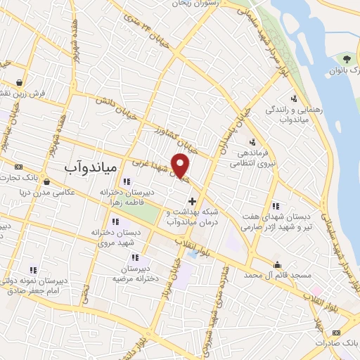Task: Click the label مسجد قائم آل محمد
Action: pos(278,277)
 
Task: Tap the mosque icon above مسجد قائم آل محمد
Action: pos(278,265)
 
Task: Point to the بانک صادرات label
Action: pos(337,340)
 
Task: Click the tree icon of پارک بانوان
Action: pos(347,58)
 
